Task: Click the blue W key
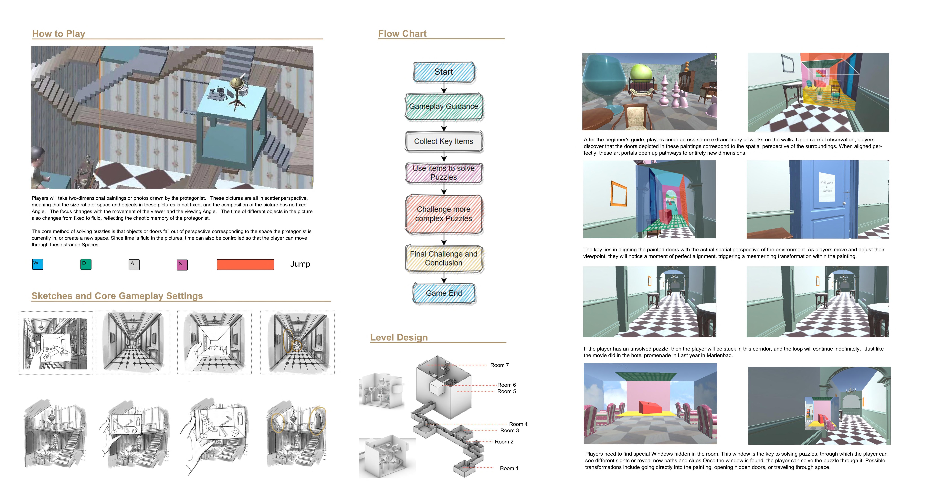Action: [38, 264]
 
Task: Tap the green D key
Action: [86, 264]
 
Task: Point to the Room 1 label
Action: [509, 468]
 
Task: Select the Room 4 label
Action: [518, 424]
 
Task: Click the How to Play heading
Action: [59, 34]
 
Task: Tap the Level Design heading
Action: [399, 338]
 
